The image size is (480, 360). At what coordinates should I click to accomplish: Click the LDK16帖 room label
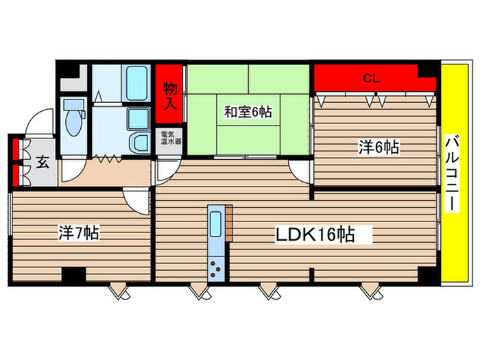pyautogui.click(x=315, y=235)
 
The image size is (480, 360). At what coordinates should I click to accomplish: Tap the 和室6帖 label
pyautogui.click(x=247, y=112)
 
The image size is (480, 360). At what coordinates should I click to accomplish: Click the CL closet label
pyautogui.click(x=371, y=78)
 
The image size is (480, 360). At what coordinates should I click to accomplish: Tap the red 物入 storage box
pyautogui.click(x=170, y=93)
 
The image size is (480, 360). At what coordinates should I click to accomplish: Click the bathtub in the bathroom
pyautogui.click(x=137, y=86)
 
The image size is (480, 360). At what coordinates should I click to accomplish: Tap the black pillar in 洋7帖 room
pyautogui.click(x=73, y=274)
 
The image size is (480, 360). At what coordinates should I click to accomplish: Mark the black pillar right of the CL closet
pyautogui.click(x=427, y=70)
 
